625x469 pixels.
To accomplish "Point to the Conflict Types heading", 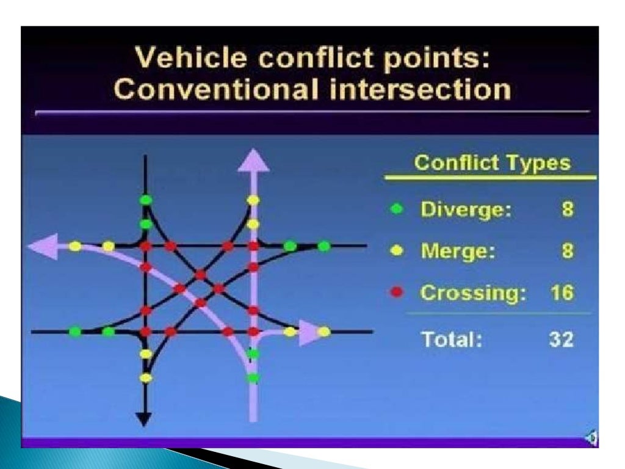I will tap(492, 164).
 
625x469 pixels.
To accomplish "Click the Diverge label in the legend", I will tap(465, 210).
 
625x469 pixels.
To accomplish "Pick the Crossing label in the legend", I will tap(473, 293).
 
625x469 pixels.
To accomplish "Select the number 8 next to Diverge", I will tap(568, 210).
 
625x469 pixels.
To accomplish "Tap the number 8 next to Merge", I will tap(568, 252).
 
